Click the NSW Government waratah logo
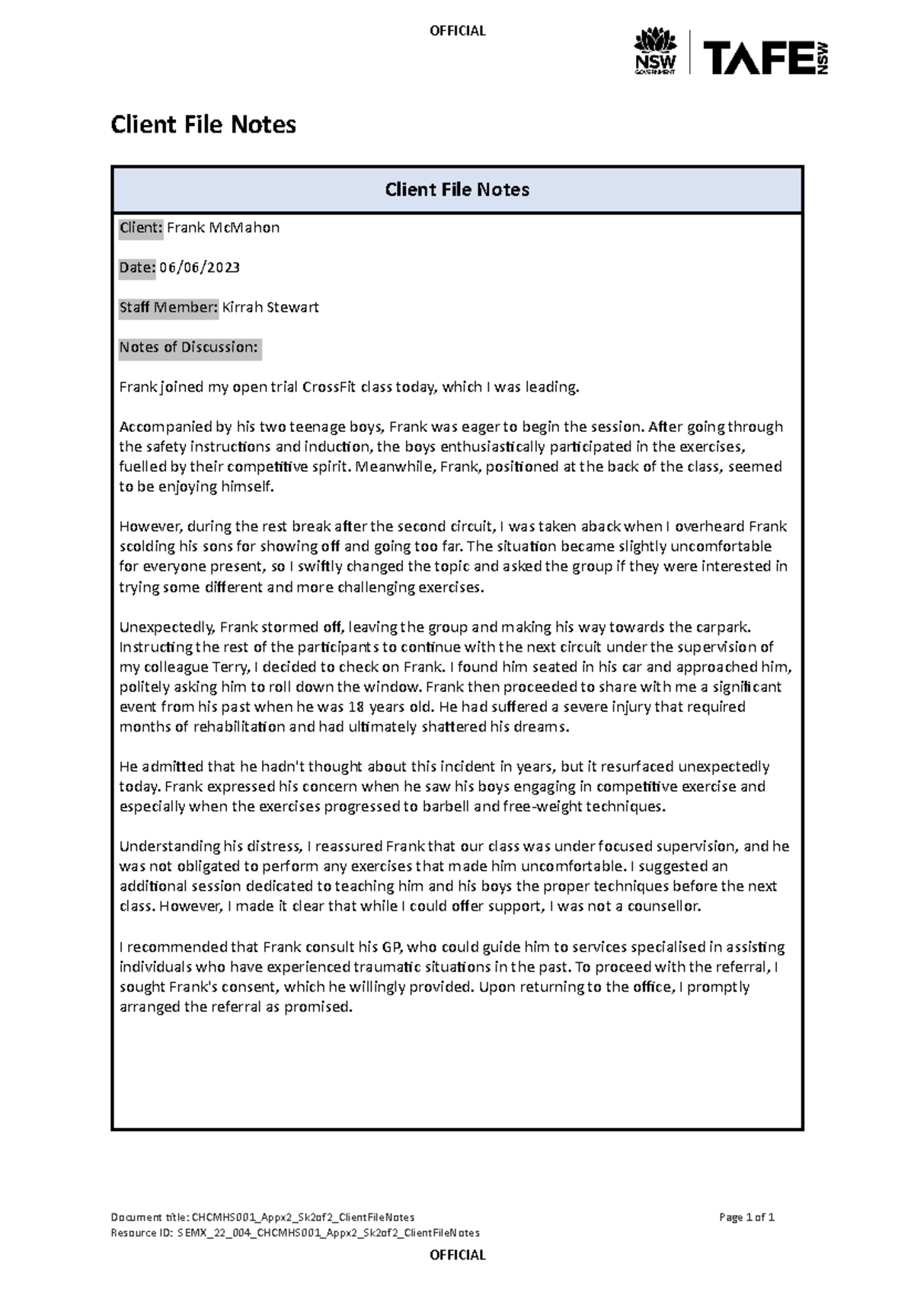click(x=655, y=52)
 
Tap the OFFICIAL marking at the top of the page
click(x=457, y=30)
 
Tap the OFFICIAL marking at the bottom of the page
click(x=457, y=1254)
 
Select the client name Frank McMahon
click(x=223, y=227)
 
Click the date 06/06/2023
click(x=200, y=267)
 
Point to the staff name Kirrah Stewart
click(x=270, y=307)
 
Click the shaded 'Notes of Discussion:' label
click(x=190, y=348)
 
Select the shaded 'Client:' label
click(x=141, y=227)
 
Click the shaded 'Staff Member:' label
click(x=168, y=307)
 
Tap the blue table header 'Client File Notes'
click(x=457, y=190)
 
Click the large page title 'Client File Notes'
click(x=203, y=124)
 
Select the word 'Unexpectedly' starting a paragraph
click(x=165, y=627)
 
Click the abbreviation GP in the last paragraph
click(x=391, y=947)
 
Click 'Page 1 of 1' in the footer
click(x=746, y=1217)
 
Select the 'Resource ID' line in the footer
click(x=295, y=1232)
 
